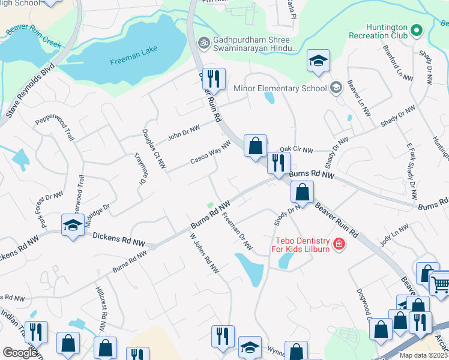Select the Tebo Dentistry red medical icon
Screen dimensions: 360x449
(339, 244)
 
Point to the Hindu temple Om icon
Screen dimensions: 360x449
(204, 43)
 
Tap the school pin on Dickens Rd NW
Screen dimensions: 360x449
(73, 226)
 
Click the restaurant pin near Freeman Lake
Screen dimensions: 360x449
(212, 79)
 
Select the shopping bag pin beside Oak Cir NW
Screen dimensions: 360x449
(256, 146)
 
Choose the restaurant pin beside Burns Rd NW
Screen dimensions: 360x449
(279, 163)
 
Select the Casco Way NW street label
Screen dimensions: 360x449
(211, 152)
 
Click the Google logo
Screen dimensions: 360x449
(20, 353)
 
